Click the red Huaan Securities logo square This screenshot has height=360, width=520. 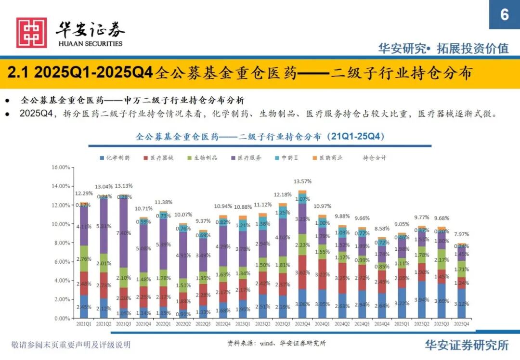point(31,32)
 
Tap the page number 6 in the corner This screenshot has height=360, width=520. point(504,14)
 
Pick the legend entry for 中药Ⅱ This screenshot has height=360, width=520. point(289,158)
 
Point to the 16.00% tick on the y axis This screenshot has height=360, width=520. point(61,167)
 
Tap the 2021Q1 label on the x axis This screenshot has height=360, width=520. point(84,324)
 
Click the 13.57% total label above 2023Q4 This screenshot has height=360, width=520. point(302,181)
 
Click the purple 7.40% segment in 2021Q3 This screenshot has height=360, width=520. point(124,233)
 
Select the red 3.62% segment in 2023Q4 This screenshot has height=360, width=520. point(302,272)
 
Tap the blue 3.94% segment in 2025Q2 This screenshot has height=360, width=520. point(421,299)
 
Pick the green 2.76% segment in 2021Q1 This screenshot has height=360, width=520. point(84,258)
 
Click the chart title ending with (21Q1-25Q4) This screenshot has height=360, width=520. point(260,137)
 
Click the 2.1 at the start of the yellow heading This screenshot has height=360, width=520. point(18,73)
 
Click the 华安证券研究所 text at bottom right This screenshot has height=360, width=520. point(467,345)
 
